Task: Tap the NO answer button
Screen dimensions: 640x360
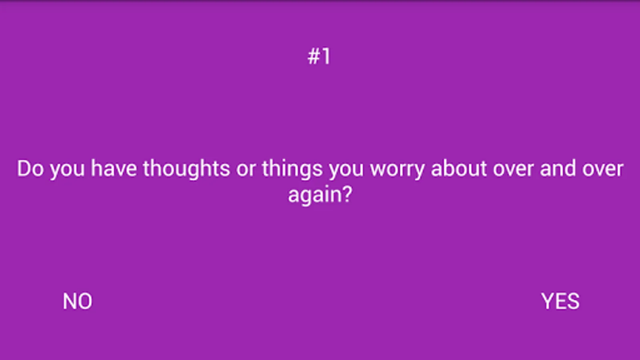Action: click(78, 301)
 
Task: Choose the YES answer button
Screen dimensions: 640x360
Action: click(560, 301)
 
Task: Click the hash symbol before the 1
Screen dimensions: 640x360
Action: click(314, 56)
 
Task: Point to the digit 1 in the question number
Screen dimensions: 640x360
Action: click(326, 56)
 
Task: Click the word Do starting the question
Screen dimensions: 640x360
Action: click(30, 168)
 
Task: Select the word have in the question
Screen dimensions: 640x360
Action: click(114, 168)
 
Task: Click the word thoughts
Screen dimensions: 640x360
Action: click(186, 170)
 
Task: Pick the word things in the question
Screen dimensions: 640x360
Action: click(292, 170)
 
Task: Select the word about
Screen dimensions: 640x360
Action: click(458, 168)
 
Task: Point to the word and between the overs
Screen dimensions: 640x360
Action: click(558, 168)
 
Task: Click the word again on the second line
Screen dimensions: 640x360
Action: click(314, 196)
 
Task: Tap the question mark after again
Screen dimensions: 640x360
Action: click(346, 194)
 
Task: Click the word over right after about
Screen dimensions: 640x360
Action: click(513, 171)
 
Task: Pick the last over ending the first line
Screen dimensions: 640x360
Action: click(603, 171)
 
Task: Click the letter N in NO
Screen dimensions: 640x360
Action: click(70, 301)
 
